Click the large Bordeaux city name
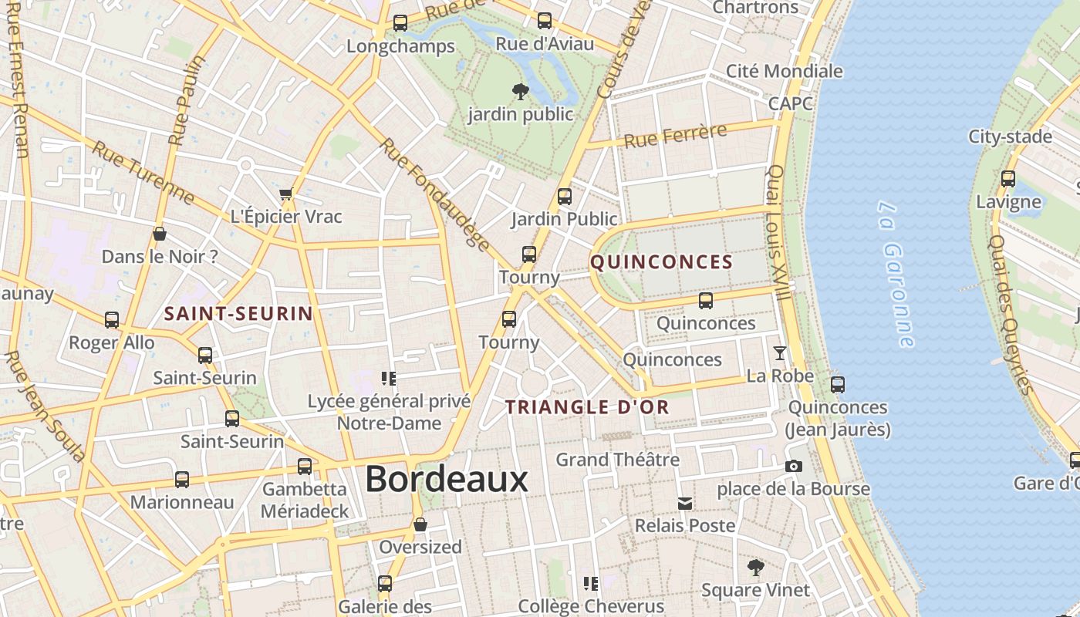pos(446,479)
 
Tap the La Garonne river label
pos(897,274)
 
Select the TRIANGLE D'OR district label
pos(587,407)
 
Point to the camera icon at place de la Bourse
pos(793,466)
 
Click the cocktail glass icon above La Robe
pos(780,353)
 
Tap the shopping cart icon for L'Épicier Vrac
pos(286,194)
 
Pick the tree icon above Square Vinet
pos(756,568)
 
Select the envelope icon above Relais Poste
pos(684,504)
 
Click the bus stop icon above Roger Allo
pos(112,319)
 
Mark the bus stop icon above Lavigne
pos(1007,179)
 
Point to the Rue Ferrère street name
pos(675,136)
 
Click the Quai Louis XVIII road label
pos(778,231)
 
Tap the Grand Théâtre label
pos(618,460)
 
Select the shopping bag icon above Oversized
pos(420,524)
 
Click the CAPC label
pos(790,103)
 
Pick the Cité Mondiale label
pos(784,71)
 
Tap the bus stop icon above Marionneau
pos(181,480)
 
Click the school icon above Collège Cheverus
pos(591,583)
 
